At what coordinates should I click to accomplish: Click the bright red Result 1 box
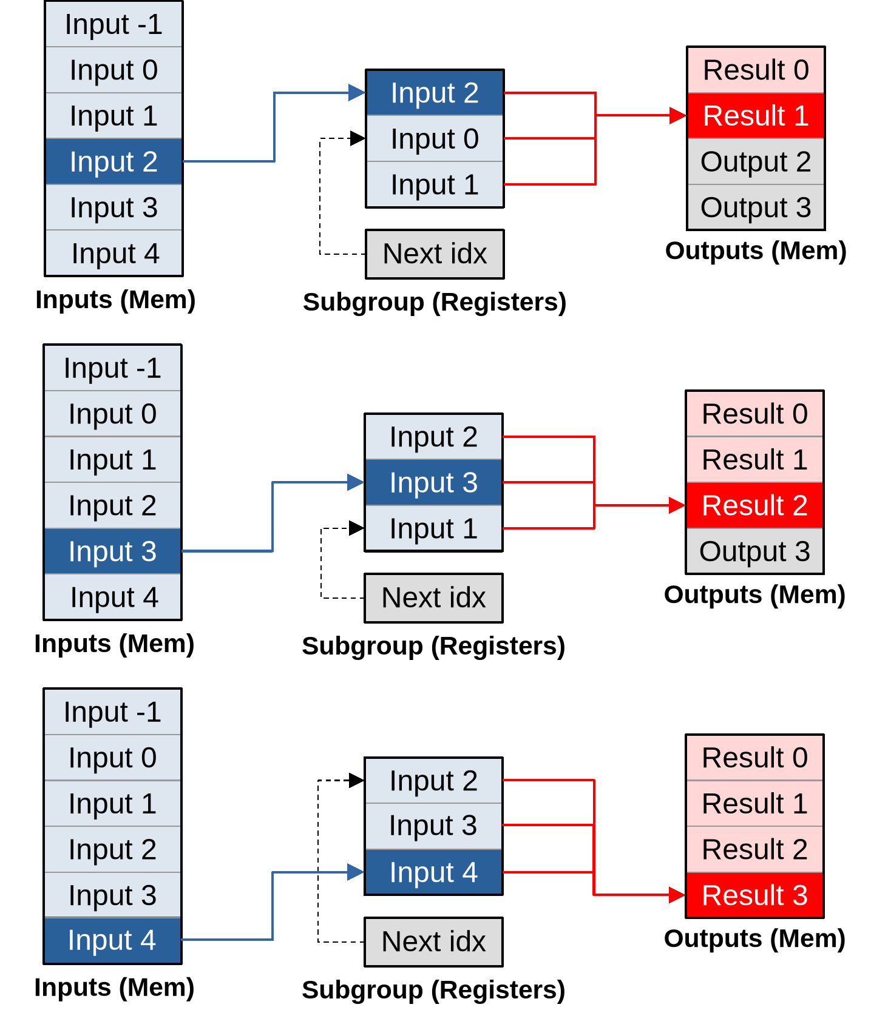755,115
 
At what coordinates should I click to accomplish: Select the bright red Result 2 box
754,505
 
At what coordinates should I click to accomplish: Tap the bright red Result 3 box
754,895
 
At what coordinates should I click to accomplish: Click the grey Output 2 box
755,161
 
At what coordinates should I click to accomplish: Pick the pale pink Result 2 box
754,849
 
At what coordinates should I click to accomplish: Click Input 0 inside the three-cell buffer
434,138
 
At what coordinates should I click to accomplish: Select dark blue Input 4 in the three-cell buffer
433,872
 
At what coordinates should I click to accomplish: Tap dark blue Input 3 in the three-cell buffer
433,482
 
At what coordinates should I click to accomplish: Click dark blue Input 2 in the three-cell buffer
434,93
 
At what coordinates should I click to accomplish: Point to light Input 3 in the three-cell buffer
433,826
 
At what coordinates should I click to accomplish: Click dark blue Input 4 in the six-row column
112,940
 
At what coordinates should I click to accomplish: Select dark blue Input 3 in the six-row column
112,551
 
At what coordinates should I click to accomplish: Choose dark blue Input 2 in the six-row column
114,161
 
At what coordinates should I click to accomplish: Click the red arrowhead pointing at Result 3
677,895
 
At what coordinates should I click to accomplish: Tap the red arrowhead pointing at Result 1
678,115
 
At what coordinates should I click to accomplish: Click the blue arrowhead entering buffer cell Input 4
356,872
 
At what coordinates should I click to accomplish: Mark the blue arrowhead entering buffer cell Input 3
356,482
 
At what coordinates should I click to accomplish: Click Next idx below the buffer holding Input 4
433,941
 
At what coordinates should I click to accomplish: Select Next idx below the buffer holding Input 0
434,254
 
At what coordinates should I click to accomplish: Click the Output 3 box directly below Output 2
755,207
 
